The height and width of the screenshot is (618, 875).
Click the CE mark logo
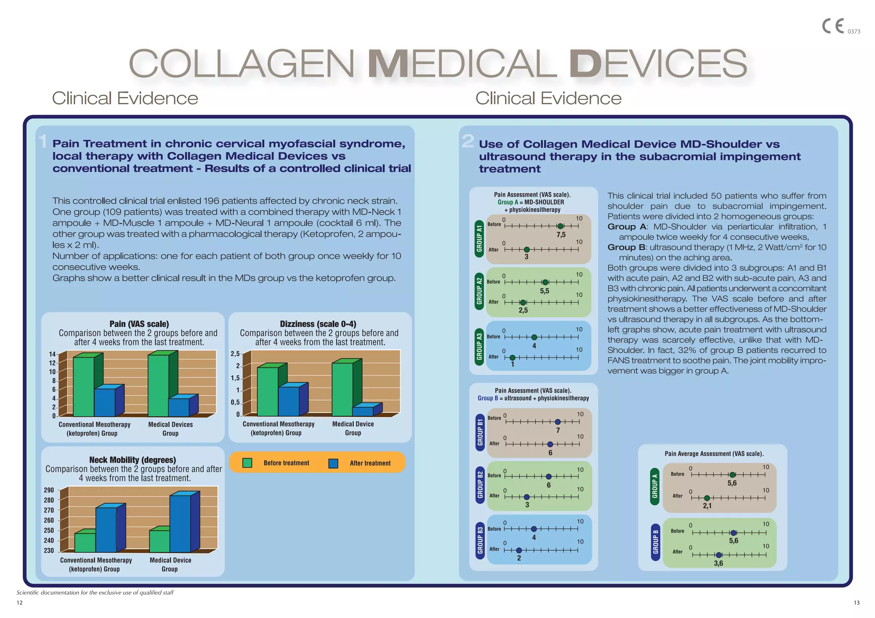coord(833,26)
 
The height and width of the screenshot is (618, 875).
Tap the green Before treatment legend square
coord(247,463)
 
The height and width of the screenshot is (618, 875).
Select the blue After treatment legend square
coord(333,463)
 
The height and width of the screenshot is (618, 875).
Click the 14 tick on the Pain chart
coord(52,354)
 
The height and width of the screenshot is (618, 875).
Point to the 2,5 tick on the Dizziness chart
coord(235,354)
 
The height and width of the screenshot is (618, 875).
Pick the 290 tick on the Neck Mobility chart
coord(49,490)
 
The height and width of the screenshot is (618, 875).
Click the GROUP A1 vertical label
coord(479,239)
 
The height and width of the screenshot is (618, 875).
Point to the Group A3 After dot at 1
coord(512,357)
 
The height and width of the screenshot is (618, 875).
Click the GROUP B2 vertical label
coord(480,485)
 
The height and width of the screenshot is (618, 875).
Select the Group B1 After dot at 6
coord(550,444)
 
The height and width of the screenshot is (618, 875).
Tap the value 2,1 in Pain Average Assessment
coord(707,506)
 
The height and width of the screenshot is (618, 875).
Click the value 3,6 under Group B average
coord(719,563)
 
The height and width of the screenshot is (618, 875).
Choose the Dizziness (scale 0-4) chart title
coord(318,324)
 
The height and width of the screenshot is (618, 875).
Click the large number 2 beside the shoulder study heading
coord(468,141)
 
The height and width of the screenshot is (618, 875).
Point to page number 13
coord(857,603)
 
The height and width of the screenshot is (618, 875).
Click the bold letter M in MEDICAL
coord(388,64)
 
